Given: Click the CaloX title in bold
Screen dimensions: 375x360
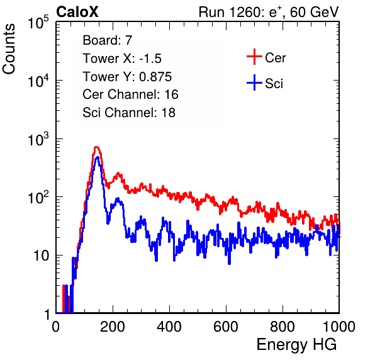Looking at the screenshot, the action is (77, 12).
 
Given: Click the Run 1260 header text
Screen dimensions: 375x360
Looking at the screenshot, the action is (269, 12).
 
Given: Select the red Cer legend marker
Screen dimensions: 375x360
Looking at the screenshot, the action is (254, 57).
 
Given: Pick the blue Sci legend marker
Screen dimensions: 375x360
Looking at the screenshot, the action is (254, 82).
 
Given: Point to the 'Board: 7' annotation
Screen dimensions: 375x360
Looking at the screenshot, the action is (108, 40).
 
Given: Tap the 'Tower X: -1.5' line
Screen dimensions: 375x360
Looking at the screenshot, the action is (122, 59).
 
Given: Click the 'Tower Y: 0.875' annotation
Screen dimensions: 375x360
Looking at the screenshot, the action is (127, 77).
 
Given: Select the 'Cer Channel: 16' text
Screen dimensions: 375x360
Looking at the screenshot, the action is (130, 94).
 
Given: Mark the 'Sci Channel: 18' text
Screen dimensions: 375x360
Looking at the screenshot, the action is (129, 113).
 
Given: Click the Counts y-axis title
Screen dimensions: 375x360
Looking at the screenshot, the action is (9, 49).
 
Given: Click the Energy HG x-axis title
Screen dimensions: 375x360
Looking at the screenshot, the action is (296, 345).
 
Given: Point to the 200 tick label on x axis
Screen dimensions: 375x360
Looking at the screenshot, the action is (113, 327).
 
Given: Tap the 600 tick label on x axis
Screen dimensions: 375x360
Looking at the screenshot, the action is (226, 327).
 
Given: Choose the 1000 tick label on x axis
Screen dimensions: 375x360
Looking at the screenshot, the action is (339, 327).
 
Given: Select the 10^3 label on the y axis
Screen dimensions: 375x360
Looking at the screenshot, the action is (38, 139).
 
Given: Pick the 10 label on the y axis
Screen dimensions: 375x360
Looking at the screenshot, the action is (41, 256).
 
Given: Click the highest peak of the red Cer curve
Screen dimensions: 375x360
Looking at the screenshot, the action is (96, 147).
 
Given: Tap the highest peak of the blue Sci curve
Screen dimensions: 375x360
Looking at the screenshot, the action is (98, 157).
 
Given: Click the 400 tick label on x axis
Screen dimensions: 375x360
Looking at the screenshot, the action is (169, 327).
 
